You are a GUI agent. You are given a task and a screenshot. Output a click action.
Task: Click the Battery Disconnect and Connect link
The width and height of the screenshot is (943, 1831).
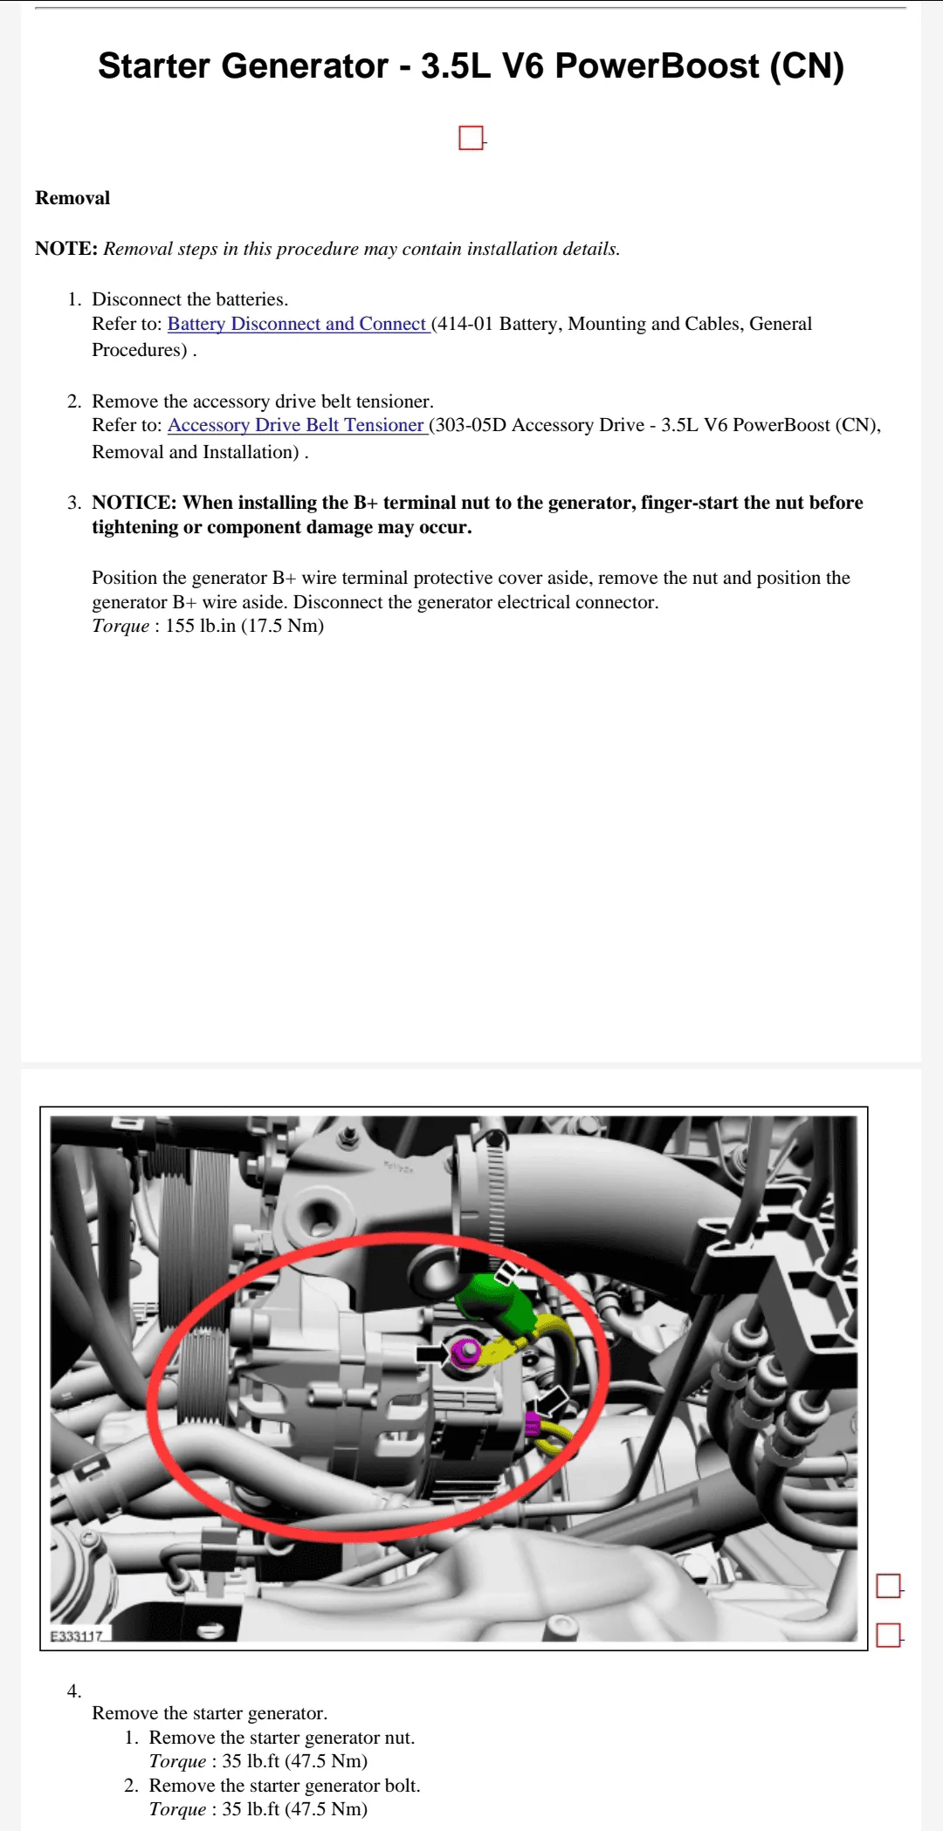(x=297, y=324)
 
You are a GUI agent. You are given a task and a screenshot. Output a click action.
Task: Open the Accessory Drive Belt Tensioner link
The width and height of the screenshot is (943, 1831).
(x=296, y=425)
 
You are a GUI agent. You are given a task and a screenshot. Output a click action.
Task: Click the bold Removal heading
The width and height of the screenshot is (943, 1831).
(x=72, y=198)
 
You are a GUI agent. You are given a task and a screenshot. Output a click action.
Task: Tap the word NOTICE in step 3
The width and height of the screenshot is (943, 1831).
(x=134, y=503)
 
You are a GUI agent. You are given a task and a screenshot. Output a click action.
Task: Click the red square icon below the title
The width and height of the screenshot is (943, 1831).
(x=471, y=138)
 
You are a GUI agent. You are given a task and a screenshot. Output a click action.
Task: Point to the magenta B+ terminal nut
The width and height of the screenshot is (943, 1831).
(x=466, y=1352)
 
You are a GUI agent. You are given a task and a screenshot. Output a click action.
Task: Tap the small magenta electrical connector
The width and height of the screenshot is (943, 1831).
(x=532, y=1423)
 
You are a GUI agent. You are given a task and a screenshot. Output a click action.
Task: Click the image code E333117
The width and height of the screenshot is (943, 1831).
(x=77, y=1636)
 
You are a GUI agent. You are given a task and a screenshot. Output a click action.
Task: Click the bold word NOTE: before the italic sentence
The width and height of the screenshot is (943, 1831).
(x=66, y=249)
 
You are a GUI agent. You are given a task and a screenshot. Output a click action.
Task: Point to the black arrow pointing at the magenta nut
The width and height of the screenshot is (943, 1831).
(x=430, y=1354)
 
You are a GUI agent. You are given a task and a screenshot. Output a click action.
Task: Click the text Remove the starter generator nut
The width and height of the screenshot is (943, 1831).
(x=281, y=1737)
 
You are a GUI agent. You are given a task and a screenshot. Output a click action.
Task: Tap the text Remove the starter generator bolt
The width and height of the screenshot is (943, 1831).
(x=285, y=1785)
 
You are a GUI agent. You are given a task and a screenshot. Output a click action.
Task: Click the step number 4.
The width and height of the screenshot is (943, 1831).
(x=74, y=1690)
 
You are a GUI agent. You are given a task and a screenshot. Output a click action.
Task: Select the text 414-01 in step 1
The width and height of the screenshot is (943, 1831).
(x=465, y=324)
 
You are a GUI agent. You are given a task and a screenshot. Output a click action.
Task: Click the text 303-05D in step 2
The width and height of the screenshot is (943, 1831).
(x=470, y=425)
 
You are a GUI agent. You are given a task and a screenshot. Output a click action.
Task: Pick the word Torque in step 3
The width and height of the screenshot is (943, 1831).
(x=120, y=626)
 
